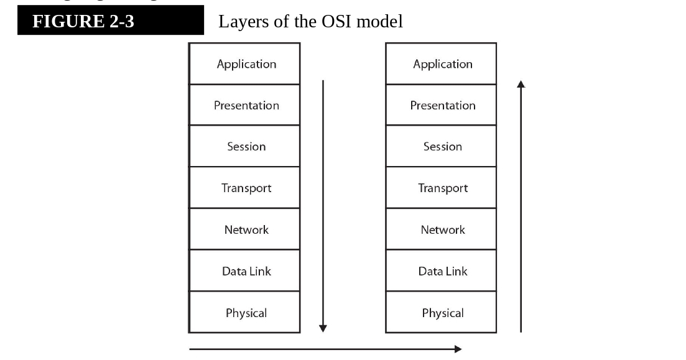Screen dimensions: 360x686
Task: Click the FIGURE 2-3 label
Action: tap(83, 22)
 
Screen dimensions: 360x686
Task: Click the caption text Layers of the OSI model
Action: tap(310, 22)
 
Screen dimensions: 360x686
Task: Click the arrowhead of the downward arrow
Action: tap(323, 328)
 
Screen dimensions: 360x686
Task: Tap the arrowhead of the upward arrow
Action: tap(521, 83)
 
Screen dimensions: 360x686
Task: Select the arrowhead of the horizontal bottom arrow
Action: tap(458, 349)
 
